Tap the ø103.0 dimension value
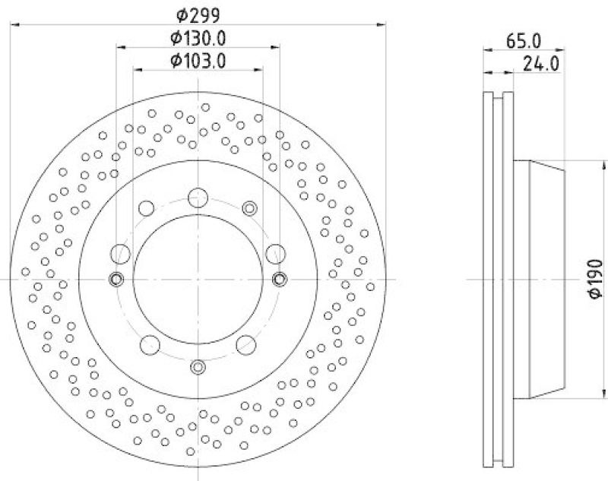198,61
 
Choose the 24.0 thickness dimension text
541,65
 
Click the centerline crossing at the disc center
198,279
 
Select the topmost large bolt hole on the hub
198,197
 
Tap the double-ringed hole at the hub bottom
198,367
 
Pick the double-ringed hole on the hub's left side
116,279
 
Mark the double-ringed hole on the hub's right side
280,279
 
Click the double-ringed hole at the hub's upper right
249,207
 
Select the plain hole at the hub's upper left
147,207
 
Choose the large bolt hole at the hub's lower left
150,343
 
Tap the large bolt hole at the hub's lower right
245,344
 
